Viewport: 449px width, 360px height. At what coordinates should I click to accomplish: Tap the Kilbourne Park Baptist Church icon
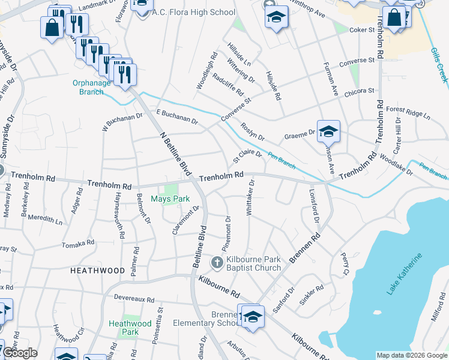[217, 263]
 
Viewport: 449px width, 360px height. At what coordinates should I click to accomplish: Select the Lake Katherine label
[404, 274]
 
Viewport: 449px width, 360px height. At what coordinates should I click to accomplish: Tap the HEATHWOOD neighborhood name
[97, 271]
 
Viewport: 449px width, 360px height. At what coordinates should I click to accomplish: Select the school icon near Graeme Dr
[328, 131]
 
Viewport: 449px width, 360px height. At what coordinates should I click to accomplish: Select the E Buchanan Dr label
[176, 116]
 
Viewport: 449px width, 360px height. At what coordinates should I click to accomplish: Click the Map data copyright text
[411, 355]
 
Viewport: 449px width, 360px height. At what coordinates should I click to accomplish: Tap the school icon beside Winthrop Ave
[276, 17]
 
